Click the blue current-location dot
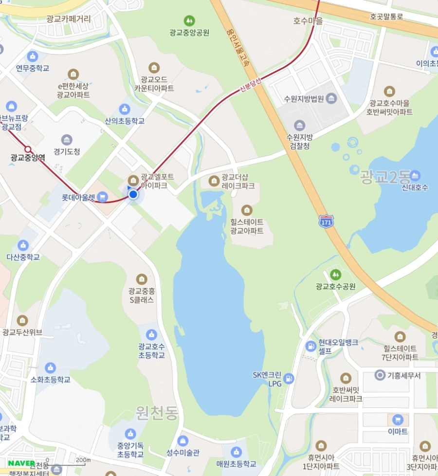coord(133,195)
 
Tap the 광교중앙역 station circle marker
coord(28,149)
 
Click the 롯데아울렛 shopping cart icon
coord(102,197)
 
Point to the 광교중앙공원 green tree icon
coord(189,20)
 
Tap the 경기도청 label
coord(67,151)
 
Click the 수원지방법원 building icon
coord(331,99)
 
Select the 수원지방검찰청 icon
coord(299,126)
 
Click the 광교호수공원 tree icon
coord(335,275)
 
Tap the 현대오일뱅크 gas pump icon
coord(310,346)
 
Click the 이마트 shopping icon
coord(398,420)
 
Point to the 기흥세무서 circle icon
coord(380,375)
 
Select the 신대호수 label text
coord(415,187)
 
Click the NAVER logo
coord(21,462)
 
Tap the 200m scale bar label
coord(83,459)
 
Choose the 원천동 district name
coord(157,413)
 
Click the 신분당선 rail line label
coord(251,86)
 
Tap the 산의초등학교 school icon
coord(125,109)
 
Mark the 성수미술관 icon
coord(183,441)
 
